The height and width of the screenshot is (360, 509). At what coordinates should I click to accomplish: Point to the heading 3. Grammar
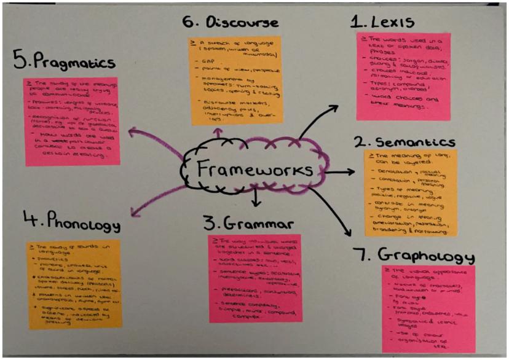coord(254,221)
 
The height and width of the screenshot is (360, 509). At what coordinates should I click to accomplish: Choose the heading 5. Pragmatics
coord(65,61)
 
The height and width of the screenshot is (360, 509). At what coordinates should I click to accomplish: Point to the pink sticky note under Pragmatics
coord(72,121)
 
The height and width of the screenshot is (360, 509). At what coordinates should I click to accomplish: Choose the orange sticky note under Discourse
coord(234,80)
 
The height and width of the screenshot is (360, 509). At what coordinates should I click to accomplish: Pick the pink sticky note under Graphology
coord(428,308)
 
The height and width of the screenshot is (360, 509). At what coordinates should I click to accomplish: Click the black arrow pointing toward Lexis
coord(320,120)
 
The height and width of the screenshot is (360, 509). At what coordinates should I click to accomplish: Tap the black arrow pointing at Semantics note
coord(344,173)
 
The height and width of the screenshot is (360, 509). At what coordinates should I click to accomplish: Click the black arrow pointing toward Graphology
coord(339,215)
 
